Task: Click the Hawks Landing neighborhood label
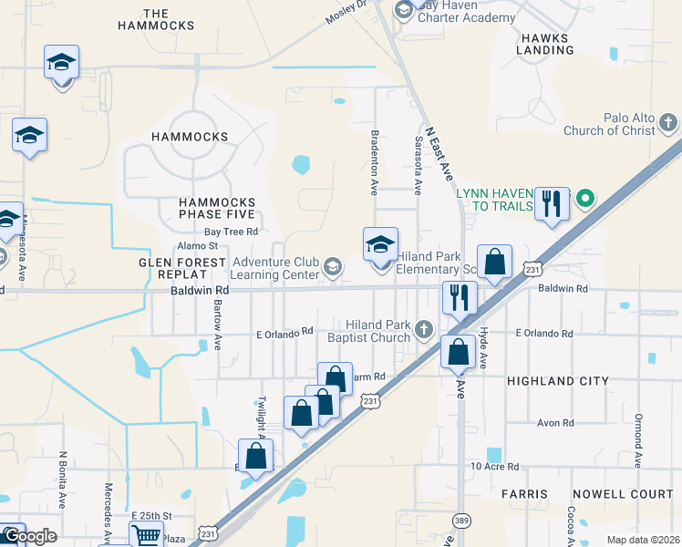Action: tap(544, 44)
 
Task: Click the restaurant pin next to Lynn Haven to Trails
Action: tap(552, 203)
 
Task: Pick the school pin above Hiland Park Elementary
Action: tap(380, 244)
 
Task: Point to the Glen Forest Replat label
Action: tap(181, 269)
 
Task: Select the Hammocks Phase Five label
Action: tap(204, 208)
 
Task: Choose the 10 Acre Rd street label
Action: tap(494, 467)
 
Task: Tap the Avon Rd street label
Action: tap(554, 423)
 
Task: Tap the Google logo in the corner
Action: tap(29, 536)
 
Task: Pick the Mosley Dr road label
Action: tap(347, 12)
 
